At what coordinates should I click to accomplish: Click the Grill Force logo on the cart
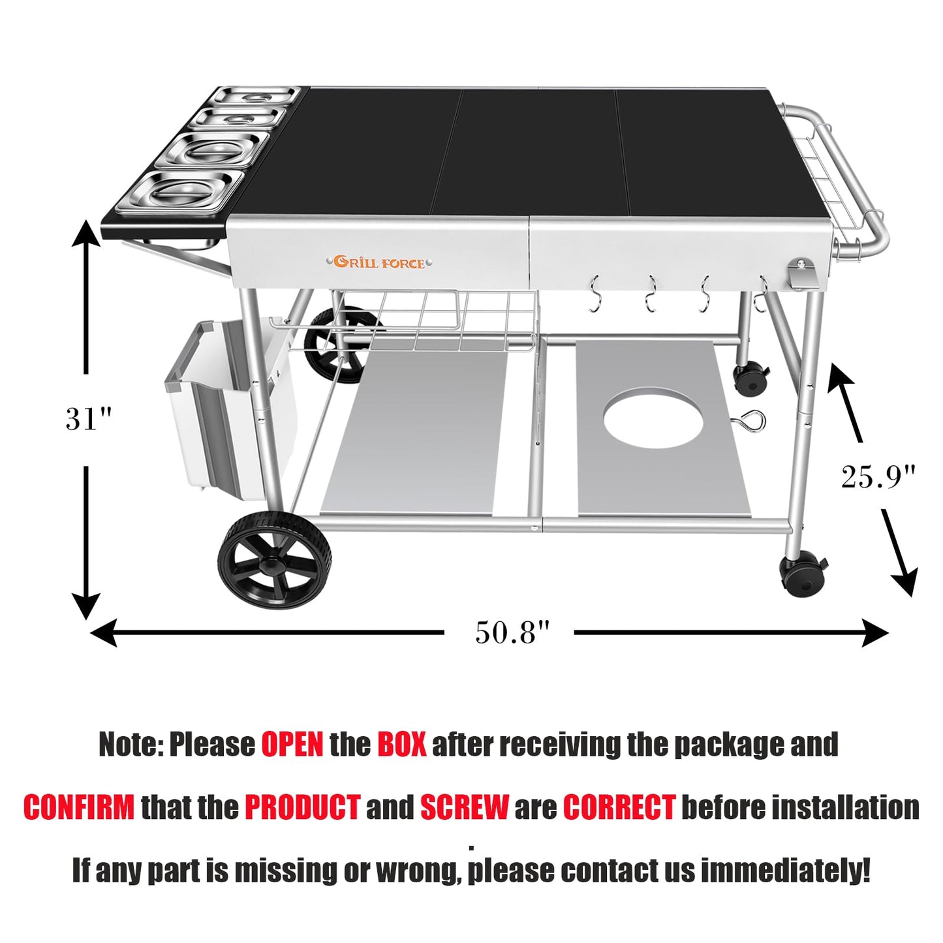[380, 262]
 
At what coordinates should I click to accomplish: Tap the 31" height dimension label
[89, 419]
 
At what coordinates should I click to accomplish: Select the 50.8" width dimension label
[512, 632]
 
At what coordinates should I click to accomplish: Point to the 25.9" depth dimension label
[878, 477]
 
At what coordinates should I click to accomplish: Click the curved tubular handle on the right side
[868, 183]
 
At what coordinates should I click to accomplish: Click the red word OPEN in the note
[292, 744]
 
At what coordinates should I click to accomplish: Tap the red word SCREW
[464, 807]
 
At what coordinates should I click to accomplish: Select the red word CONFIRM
[79, 807]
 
